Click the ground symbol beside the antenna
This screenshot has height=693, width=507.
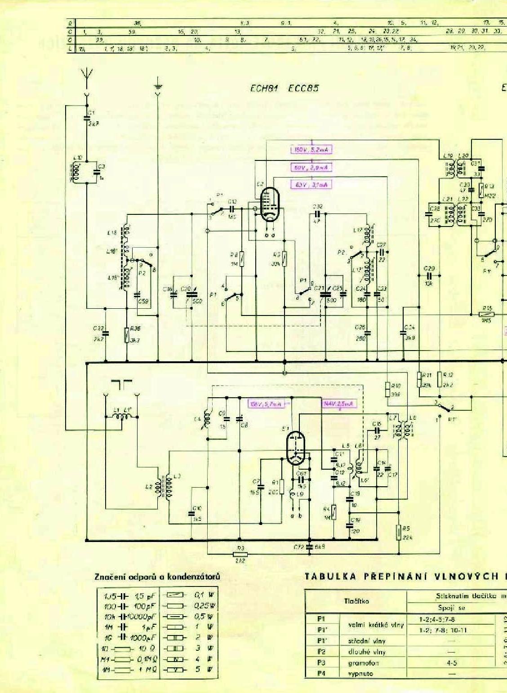click(158, 88)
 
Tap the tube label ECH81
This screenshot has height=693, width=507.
click(264, 88)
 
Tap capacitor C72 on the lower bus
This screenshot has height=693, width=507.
click(309, 547)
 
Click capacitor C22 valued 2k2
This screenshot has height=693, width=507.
click(106, 333)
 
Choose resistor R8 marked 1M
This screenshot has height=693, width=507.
click(242, 259)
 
